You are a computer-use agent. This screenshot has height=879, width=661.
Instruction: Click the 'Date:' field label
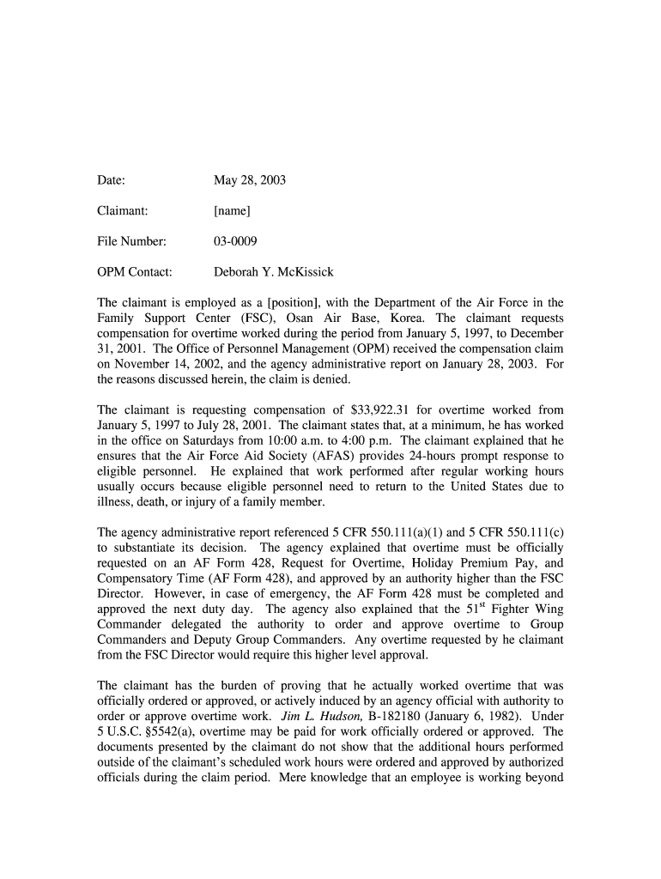click(112, 180)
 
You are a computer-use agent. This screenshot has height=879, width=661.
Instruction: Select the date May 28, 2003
click(250, 180)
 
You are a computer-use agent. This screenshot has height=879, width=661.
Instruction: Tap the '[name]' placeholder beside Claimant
click(232, 210)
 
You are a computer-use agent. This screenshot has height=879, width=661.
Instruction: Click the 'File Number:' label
click(131, 241)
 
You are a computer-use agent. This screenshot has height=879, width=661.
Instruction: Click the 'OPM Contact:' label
click(135, 272)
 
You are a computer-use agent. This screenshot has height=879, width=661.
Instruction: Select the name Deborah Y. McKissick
click(274, 272)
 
